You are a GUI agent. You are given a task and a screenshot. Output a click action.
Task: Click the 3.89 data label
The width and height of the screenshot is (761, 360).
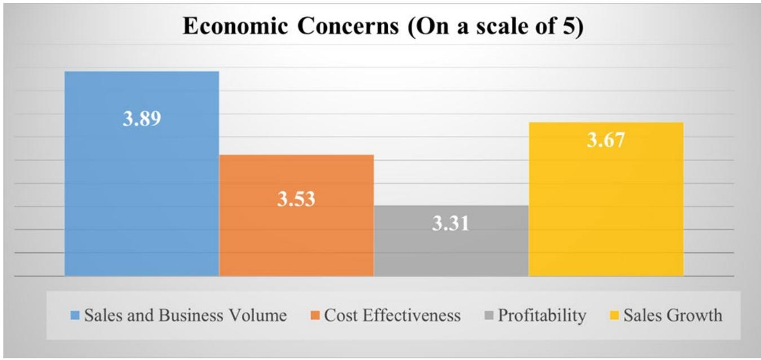tap(142, 119)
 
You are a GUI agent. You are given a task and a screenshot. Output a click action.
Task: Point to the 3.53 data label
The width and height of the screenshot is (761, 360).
tap(296, 199)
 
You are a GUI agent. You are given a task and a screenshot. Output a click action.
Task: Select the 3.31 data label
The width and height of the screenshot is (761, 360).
tap(451, 224)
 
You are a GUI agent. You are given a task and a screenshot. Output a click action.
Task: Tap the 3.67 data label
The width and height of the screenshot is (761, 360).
tap(606, 140)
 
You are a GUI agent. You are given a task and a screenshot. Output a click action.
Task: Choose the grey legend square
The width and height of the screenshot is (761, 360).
tap(489, 315)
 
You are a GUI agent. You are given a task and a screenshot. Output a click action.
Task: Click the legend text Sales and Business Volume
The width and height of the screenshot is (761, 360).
tap(185, 315)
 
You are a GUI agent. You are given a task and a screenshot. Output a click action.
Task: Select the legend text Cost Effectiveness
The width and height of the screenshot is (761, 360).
tap(392, 315)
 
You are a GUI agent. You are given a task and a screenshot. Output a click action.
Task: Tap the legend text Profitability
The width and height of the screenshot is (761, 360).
tap(541, 315)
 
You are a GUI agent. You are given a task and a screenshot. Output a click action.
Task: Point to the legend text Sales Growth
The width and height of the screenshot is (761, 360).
tap(672, 315)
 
